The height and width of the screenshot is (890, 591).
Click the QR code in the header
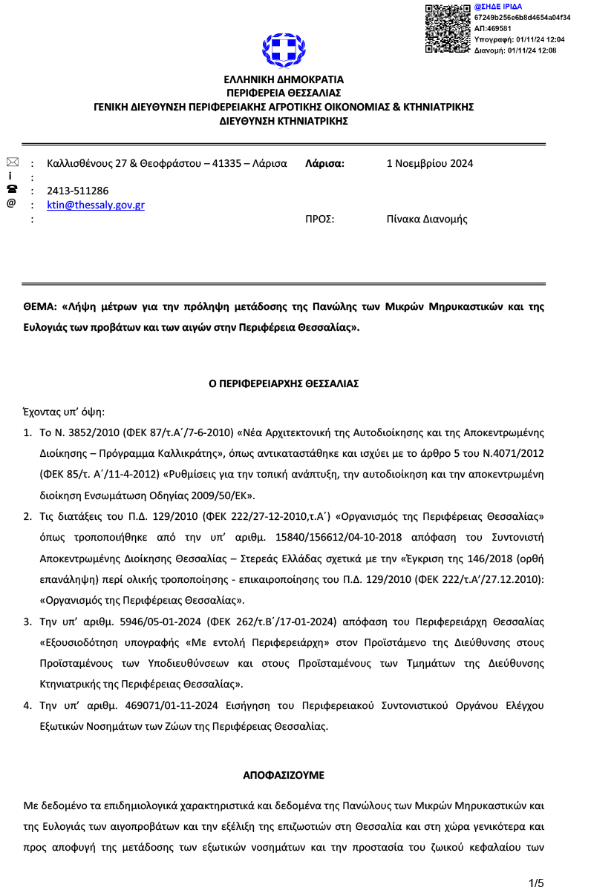448,28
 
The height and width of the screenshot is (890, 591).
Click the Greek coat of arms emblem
284,50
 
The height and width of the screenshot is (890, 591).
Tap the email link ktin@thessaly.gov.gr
95,205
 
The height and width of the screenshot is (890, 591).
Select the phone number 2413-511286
77,191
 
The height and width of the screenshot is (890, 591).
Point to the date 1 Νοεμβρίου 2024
430,164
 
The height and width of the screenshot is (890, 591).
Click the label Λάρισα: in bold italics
324,164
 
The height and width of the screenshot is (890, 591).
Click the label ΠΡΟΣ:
320,219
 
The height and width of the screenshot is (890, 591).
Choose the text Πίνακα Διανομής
427,219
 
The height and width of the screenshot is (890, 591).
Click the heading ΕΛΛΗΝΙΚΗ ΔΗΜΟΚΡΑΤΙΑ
284,79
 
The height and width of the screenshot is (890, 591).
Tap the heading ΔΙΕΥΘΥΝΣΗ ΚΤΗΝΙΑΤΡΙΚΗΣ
284,121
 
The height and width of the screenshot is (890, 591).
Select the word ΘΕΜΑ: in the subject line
39,306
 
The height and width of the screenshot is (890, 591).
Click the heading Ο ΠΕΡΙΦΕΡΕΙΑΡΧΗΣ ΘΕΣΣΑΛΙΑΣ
284,383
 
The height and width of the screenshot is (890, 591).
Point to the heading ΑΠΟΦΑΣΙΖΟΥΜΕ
284,774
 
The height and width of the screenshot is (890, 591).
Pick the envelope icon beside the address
12,162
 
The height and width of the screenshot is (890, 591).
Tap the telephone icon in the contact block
12,189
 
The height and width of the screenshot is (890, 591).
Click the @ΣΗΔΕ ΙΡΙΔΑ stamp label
497,7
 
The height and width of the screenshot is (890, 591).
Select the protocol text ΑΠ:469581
493,28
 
